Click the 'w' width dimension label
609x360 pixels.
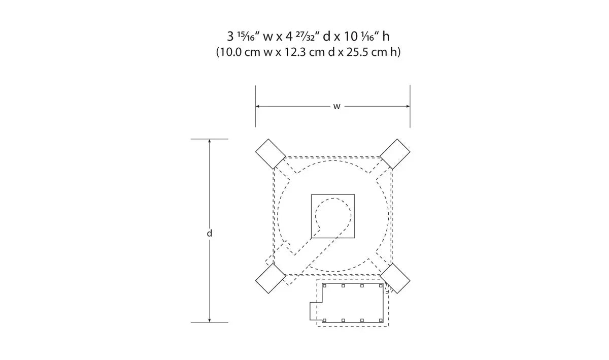336,107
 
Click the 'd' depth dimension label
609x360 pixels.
209,233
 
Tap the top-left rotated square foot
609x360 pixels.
270,154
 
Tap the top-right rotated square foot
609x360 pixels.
395,154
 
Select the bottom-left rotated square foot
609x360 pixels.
270,278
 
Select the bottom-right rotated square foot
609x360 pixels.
395,278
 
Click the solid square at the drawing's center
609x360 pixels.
333,216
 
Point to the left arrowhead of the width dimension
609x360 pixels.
257,106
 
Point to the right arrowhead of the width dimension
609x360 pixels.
408,106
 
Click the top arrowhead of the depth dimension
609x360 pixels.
209,141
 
